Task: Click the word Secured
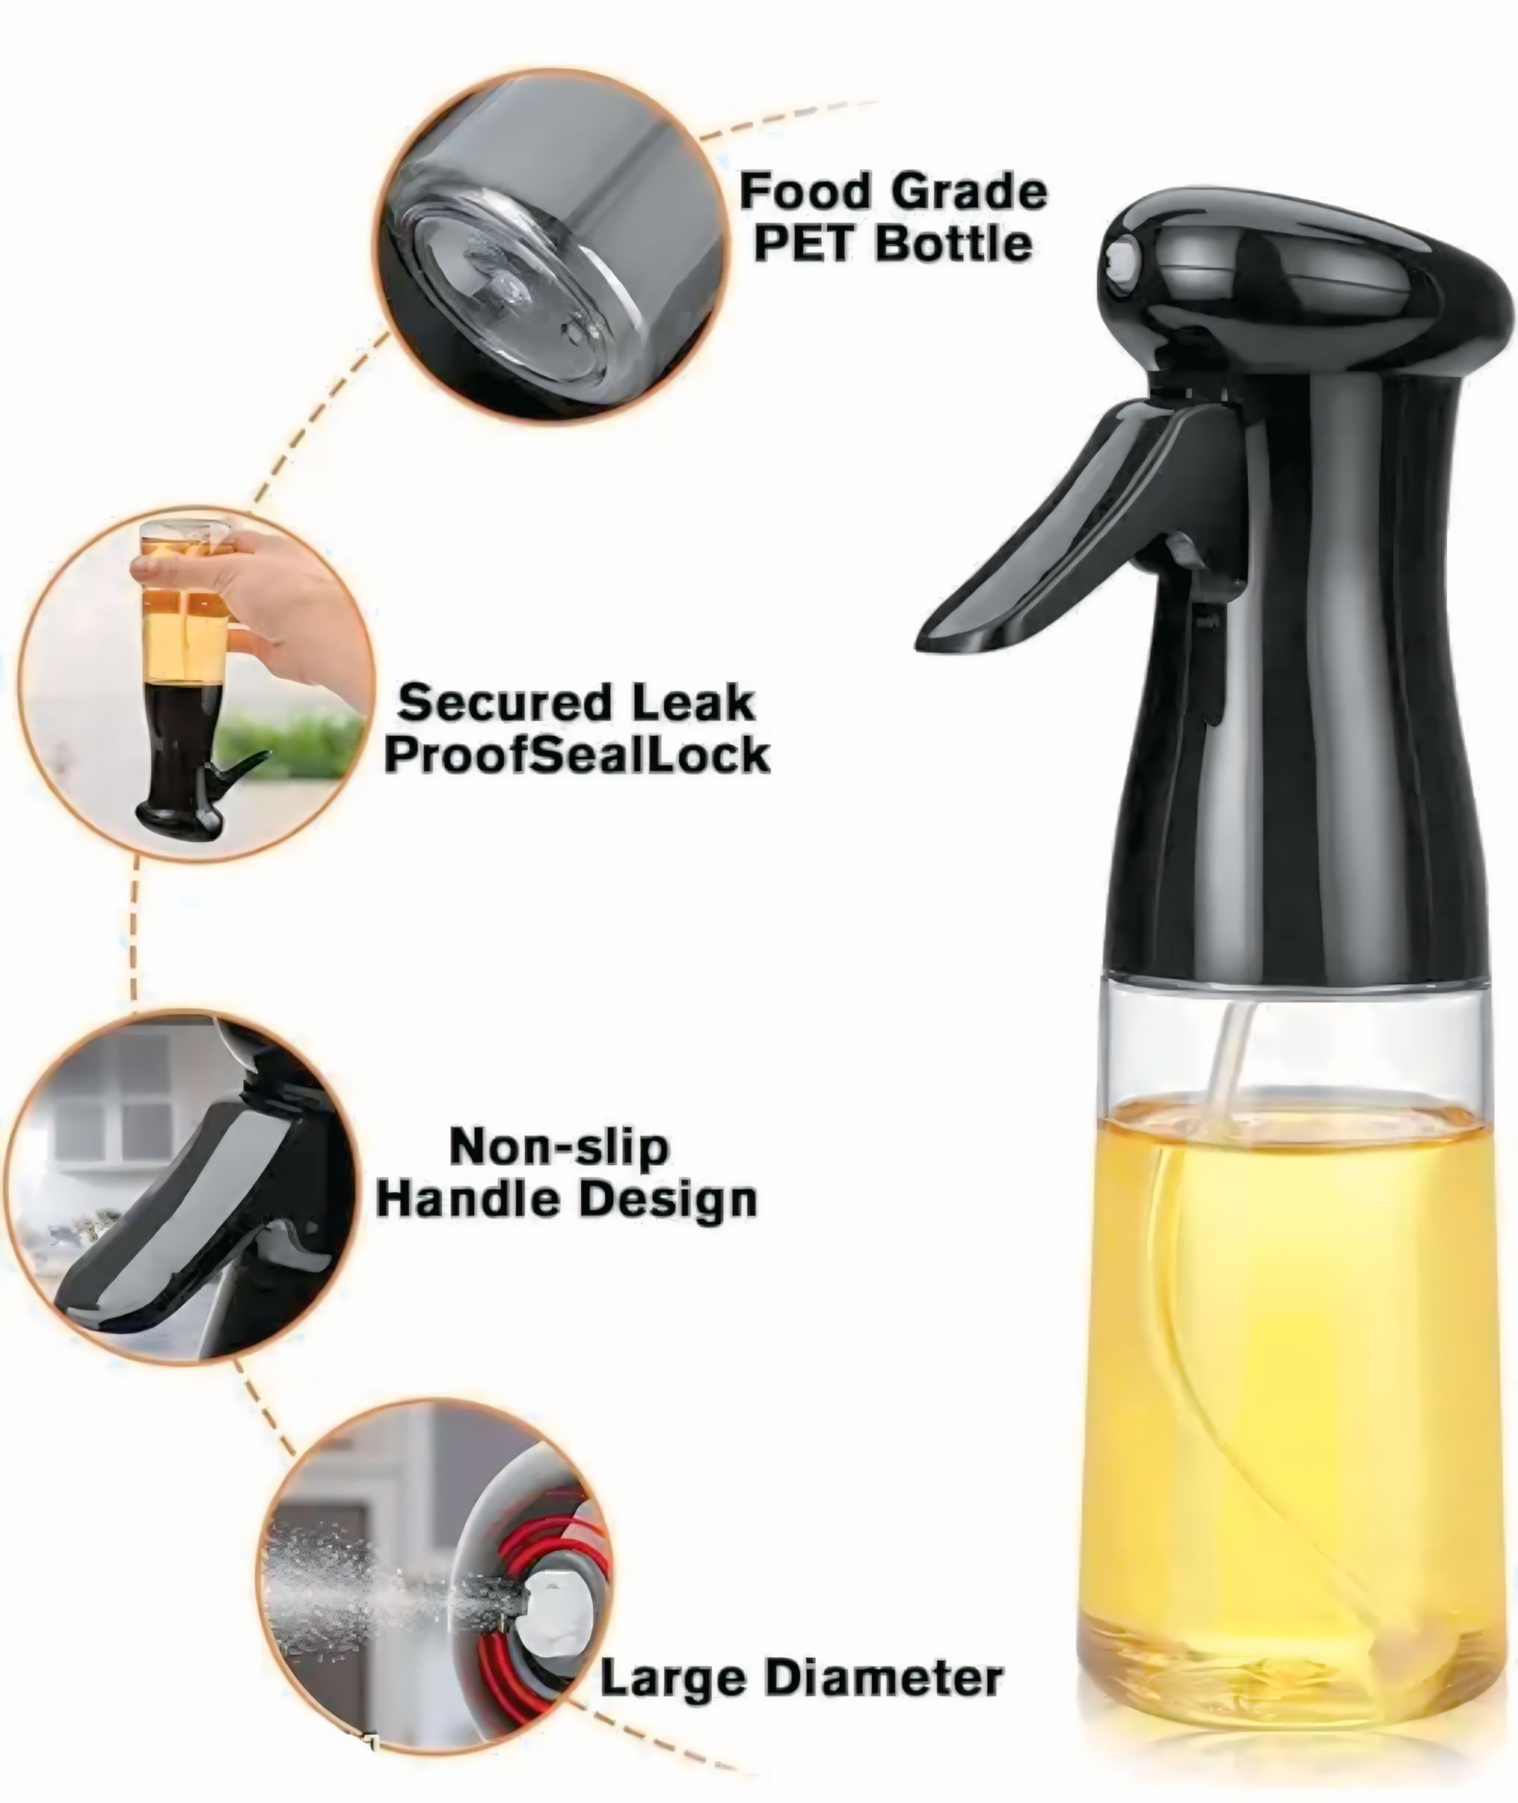[502, 703]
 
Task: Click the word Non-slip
[559, 1147]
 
